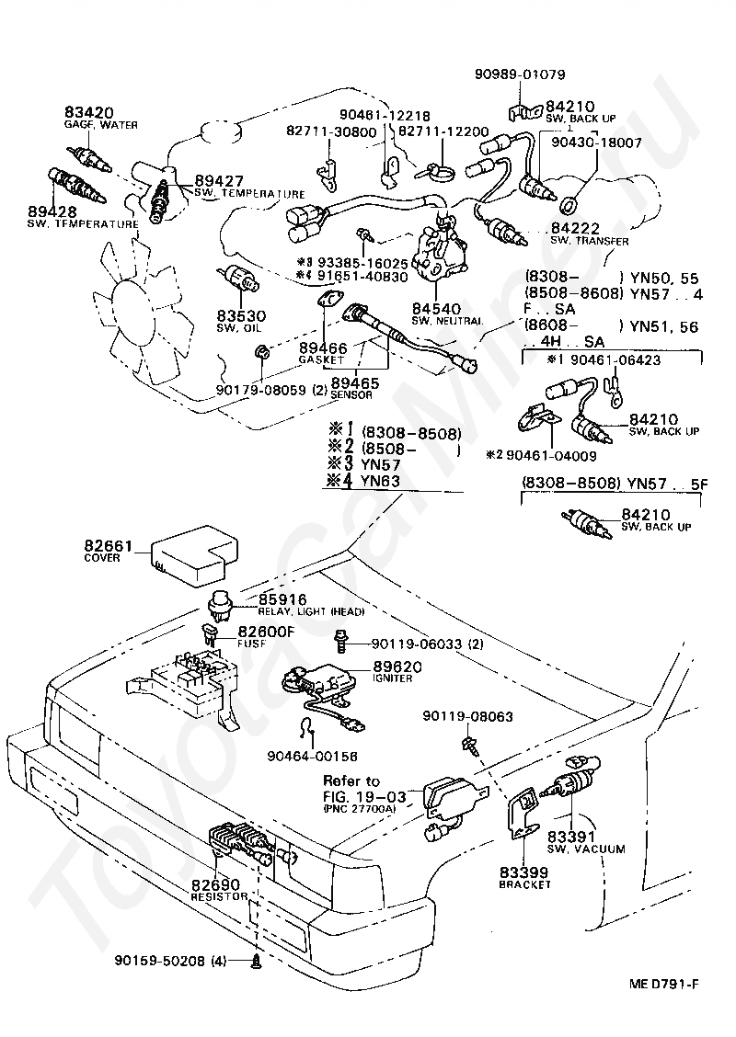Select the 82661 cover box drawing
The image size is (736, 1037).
pos(190,554)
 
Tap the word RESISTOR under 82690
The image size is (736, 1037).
pos(219,895)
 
